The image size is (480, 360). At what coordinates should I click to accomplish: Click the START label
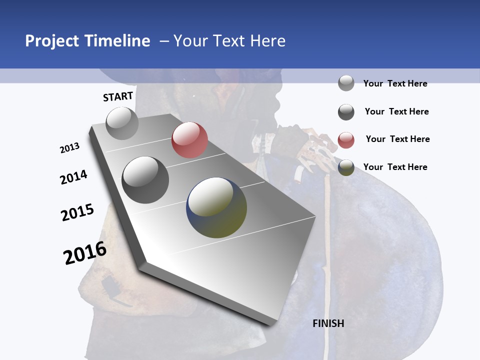tap(118, 96)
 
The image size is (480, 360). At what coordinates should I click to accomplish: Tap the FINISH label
tap(328, 323)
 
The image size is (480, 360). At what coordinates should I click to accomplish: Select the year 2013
tap(69, 148)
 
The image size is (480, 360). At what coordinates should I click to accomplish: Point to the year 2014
tap(73, 177)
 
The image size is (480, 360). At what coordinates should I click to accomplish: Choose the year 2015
tap(77, 212)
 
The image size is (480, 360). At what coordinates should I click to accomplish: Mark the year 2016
tap(85, 253)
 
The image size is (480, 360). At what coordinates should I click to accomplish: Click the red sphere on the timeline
tap(189, 140)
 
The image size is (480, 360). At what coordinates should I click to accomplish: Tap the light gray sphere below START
tap(122, 123)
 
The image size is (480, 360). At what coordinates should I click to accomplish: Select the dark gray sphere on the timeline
tap(145, 180)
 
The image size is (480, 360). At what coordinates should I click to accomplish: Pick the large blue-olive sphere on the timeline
tap(216, 207)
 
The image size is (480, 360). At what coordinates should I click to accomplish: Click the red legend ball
tap(346, 140)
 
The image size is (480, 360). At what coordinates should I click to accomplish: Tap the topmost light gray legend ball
tap(346, 83)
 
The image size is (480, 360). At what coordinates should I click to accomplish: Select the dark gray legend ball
tap(346, 112)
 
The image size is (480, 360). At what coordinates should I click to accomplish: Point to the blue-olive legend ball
tap(346, 168)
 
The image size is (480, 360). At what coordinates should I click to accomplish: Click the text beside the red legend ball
tap(397, 139)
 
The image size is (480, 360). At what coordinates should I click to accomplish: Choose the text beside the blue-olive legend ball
tap(395, 167)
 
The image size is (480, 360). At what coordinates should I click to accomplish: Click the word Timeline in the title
tap(117, 41)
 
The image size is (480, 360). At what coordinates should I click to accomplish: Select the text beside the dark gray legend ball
tap(396, 111)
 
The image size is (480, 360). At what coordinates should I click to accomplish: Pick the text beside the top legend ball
tap(395, 83)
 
